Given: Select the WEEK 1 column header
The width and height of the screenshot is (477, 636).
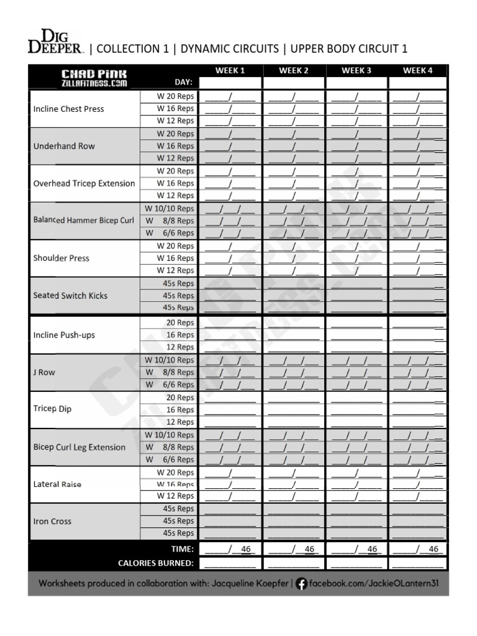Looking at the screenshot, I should (x=230, y=70).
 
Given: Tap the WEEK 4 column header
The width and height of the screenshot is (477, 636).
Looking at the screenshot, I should (x=418, y=70).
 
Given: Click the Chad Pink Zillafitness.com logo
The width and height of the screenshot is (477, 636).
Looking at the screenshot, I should (x=85, y=78).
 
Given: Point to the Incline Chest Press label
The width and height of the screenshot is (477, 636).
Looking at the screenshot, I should (x=68, y=109).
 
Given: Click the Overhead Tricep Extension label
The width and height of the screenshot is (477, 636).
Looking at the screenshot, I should (x=84, y=183).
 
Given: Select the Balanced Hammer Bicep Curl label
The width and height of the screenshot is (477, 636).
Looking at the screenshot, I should (x=84, y=220).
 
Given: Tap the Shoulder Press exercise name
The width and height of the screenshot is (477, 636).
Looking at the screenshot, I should (x=61, y=258).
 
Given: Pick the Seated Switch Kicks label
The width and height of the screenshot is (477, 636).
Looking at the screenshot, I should (x=70, y=296).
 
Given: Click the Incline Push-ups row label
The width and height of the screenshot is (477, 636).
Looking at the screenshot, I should (x=64, y=335).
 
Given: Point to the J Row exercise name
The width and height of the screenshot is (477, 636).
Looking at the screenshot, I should (x=44, y=372).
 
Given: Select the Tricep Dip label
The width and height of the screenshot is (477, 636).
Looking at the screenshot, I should (x=52, y=409).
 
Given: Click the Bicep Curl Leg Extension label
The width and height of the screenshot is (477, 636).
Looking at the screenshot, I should (x=79, y=447).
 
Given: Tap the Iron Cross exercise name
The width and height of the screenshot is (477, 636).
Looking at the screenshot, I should (x=52, y=521).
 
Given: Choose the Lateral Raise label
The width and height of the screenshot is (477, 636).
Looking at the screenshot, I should (x=57, y=484).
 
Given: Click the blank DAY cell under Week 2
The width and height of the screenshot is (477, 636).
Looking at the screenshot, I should (x=294, y=83).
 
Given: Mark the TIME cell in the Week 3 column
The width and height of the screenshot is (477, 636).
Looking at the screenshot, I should (x=357, y=549).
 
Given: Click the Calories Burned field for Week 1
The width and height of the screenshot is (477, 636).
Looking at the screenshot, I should (x=230, y=563).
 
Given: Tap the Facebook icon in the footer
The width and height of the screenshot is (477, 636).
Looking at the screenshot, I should (x=301, y=584).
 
